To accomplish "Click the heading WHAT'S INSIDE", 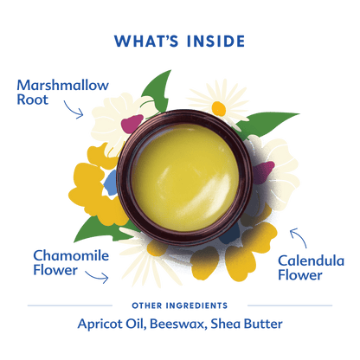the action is [179, 42].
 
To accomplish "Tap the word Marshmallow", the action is [62, 86].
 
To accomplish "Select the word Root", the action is [33, 100].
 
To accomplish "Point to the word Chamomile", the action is [71, 256].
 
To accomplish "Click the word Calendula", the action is [312, 261].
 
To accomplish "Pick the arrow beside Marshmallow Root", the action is [72, 110].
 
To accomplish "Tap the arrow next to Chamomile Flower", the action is [97, 276].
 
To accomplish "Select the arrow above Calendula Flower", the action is [299, 237].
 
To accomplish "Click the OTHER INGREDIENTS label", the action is [180, 305].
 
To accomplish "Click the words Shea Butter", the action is [247, 324].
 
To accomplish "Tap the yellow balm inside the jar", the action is [185, 178].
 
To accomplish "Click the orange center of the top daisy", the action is [219, 109].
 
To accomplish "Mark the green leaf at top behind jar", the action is [157, 93].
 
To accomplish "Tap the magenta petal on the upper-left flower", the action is [132, 124].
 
